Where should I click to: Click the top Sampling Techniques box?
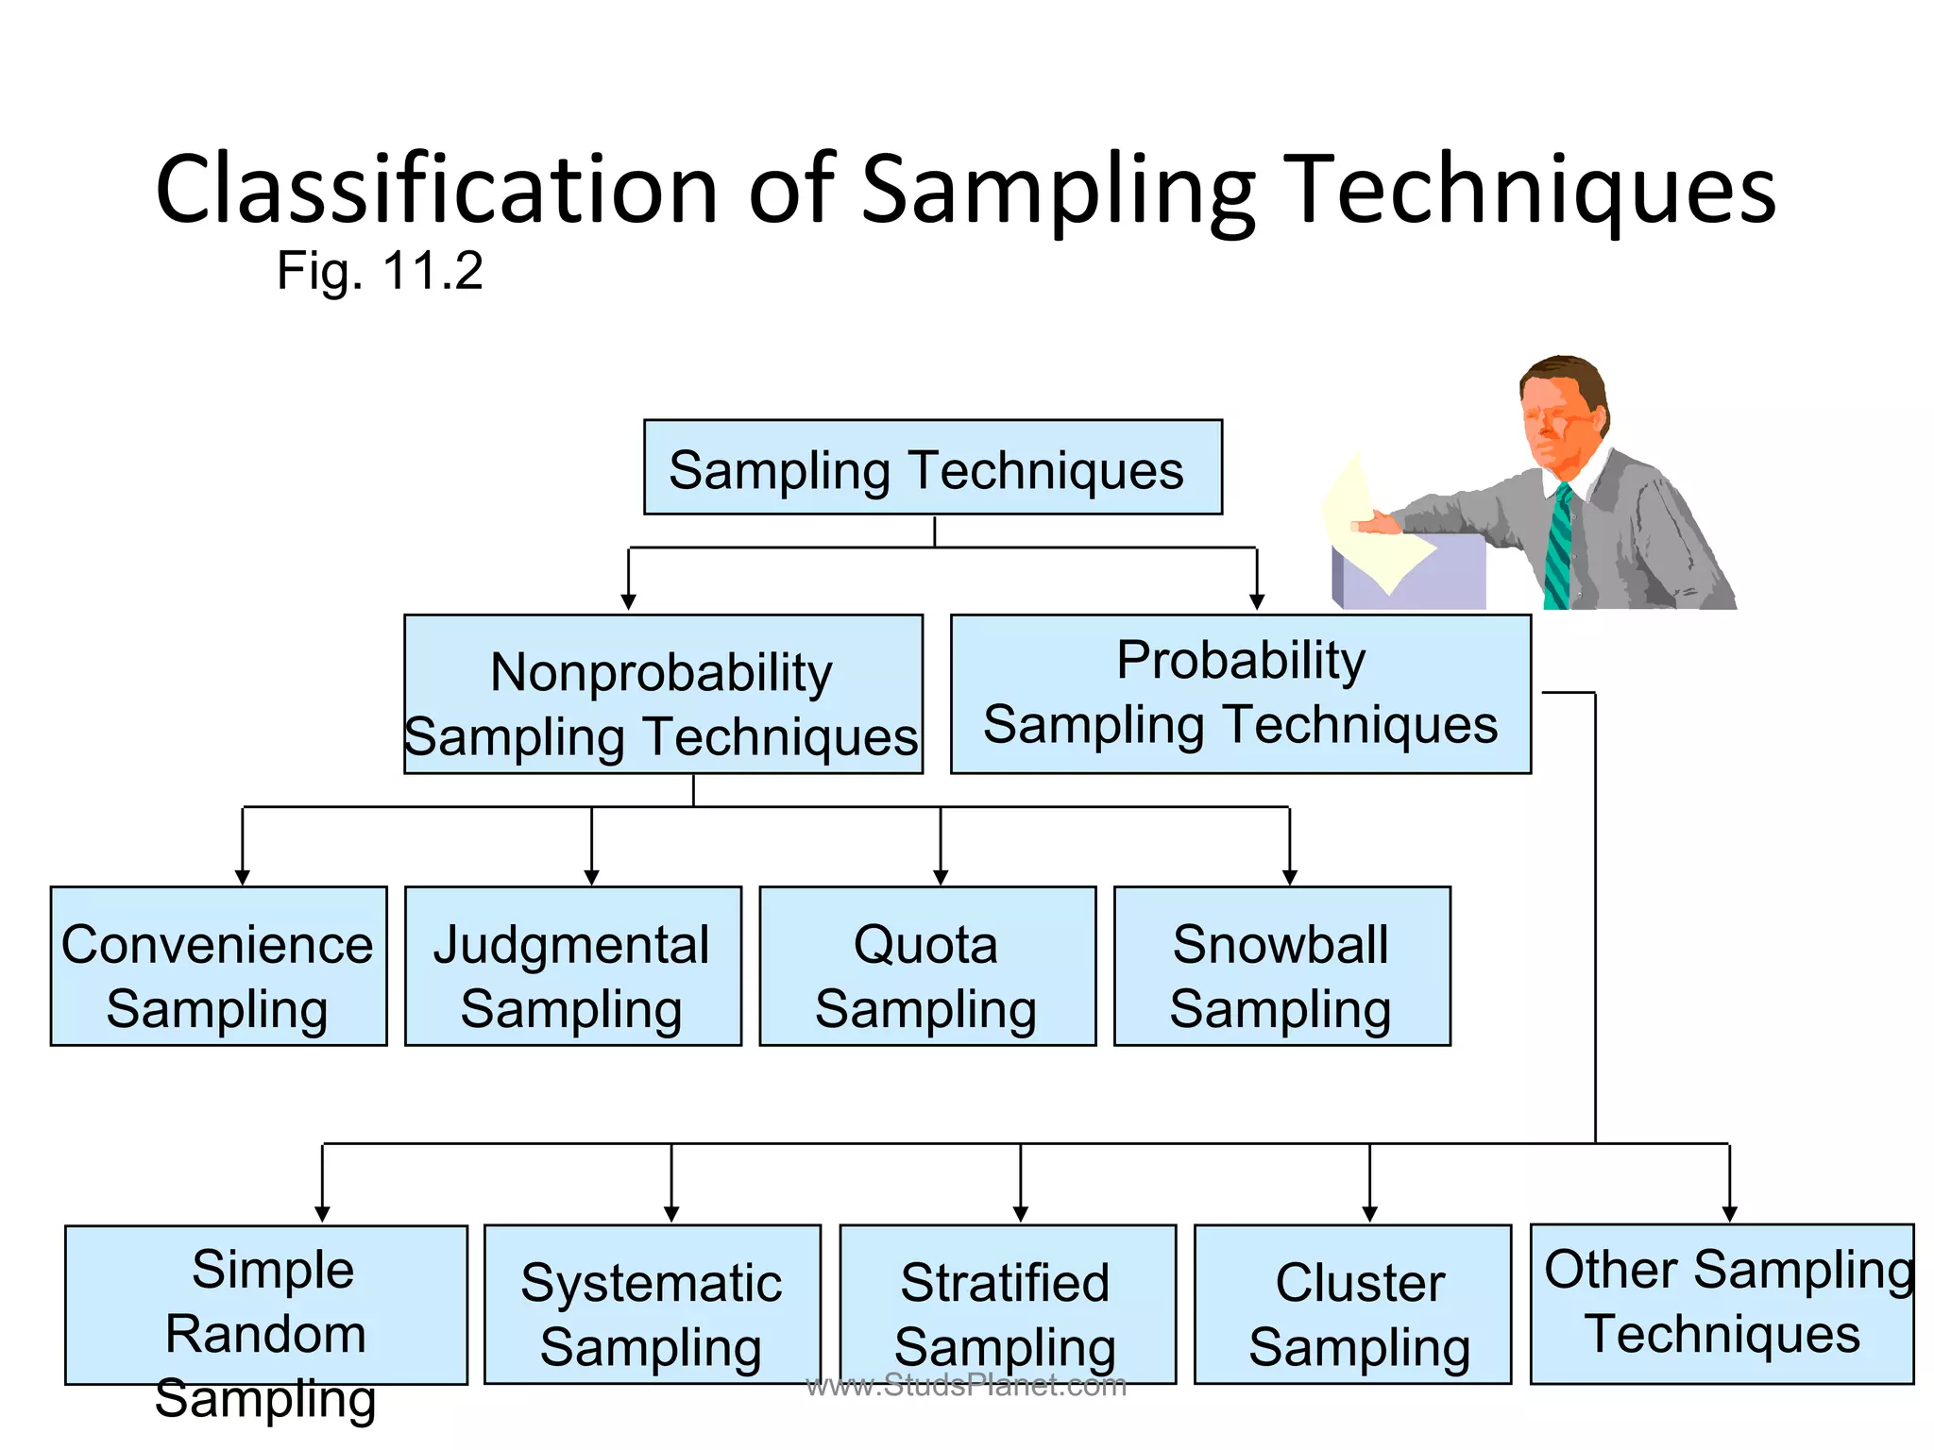click(932, 467)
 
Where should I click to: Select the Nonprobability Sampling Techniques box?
click(663, 695)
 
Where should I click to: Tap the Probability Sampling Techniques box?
click(1240, 694)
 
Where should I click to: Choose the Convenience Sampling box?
click(218, 966)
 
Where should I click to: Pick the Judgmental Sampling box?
click(572, 966)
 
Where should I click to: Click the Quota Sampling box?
click(926, 966)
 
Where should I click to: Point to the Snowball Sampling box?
click(1281, 966)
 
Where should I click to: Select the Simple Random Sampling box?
click(265, 1305)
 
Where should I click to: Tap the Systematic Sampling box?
click(652, 1305)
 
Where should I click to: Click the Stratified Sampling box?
click(1007, 1305)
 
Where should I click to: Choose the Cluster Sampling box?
click(1352, 1305)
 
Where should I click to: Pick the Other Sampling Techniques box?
click(1722, 1304)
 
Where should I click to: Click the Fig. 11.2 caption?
click(380, 271)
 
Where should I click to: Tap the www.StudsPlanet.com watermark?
click(966, 1386)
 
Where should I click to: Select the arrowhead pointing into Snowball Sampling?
click(1289, 877)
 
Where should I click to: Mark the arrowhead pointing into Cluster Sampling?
click(1369, 1214)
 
